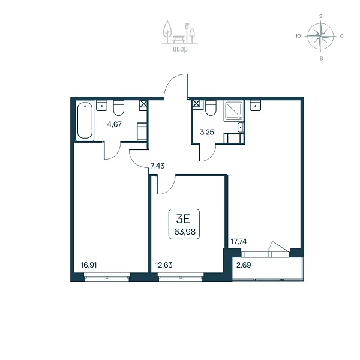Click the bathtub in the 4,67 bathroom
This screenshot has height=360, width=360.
pyautogui.click(x=85, y=121)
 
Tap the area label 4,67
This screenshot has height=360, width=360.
pyautogui.click(x=115, y=124)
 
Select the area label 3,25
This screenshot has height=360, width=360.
pyautogui.click(x=207, y=132)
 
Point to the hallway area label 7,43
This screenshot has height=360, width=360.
pyautogui.click(x=157, y=166)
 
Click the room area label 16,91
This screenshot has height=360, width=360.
pyautogui.click(x=89, y=265)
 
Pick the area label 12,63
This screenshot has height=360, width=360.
pyautogui.click(x=164, y=265)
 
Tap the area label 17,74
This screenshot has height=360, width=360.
pyautogui.click(x=239, y=242)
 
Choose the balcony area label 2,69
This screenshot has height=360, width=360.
pyautogui.click(x=244, y=265)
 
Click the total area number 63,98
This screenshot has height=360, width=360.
pyautogui.click(x=185, y=232)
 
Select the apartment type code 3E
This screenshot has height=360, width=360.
pyautogui.click(x=183, y=219)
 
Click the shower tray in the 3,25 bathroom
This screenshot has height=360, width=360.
pyautogui.click(x=233, y=111)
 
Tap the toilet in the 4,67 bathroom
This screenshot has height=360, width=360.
pyautogui.click(x=119, y=107)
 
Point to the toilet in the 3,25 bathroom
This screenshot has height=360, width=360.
pyautogui.click(x=211, y=108)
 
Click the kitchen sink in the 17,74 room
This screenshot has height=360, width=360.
pyautogui.click(x=255, y=106)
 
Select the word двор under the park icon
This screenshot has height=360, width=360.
pyautogui.click(x=180, y=49)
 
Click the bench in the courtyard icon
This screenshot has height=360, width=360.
pyautogui.click(x=179, y=39)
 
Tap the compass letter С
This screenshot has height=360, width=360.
pyautogui.click(x=341, y=36)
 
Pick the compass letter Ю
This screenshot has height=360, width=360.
pyautogui.click(x=298, y=36)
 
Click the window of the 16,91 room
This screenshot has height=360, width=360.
pyautogui.click(x=107, y=277)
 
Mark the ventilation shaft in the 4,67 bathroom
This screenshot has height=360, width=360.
pyautogui.click(x=143, y=105)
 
